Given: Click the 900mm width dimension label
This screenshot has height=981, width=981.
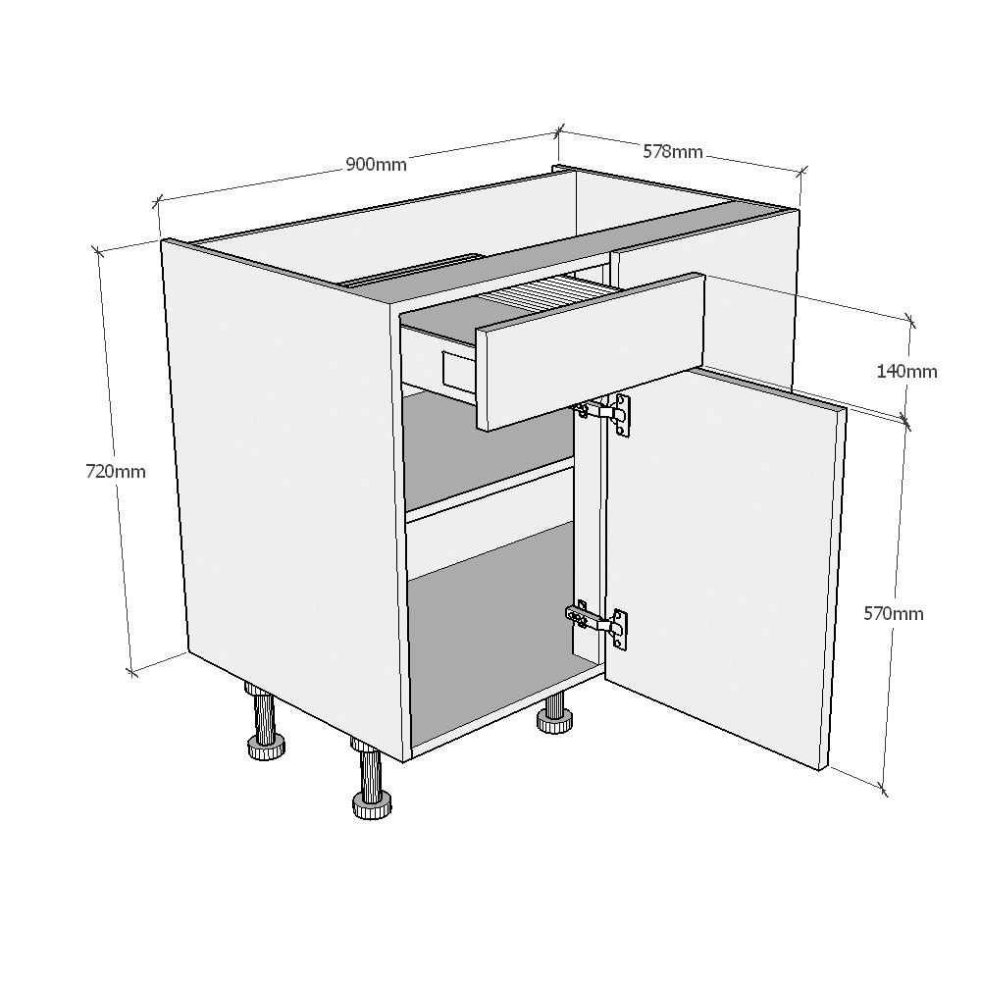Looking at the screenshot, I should tap(376, 165).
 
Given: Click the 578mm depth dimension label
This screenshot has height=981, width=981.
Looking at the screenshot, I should tap(673, 151).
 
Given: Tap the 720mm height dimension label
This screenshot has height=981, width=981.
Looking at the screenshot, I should tap(116, 471).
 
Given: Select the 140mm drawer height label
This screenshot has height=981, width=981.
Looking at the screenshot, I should tap(906, 371).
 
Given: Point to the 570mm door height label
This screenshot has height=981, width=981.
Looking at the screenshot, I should tap(893, 614).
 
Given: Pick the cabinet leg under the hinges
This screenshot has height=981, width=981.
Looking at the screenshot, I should tap(554, 715).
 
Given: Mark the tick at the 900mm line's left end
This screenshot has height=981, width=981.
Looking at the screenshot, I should tap(157, 202).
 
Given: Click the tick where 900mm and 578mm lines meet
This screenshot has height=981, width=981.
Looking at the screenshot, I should tap(559, 131).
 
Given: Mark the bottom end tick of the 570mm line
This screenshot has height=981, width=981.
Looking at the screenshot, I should tap(884, 787).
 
